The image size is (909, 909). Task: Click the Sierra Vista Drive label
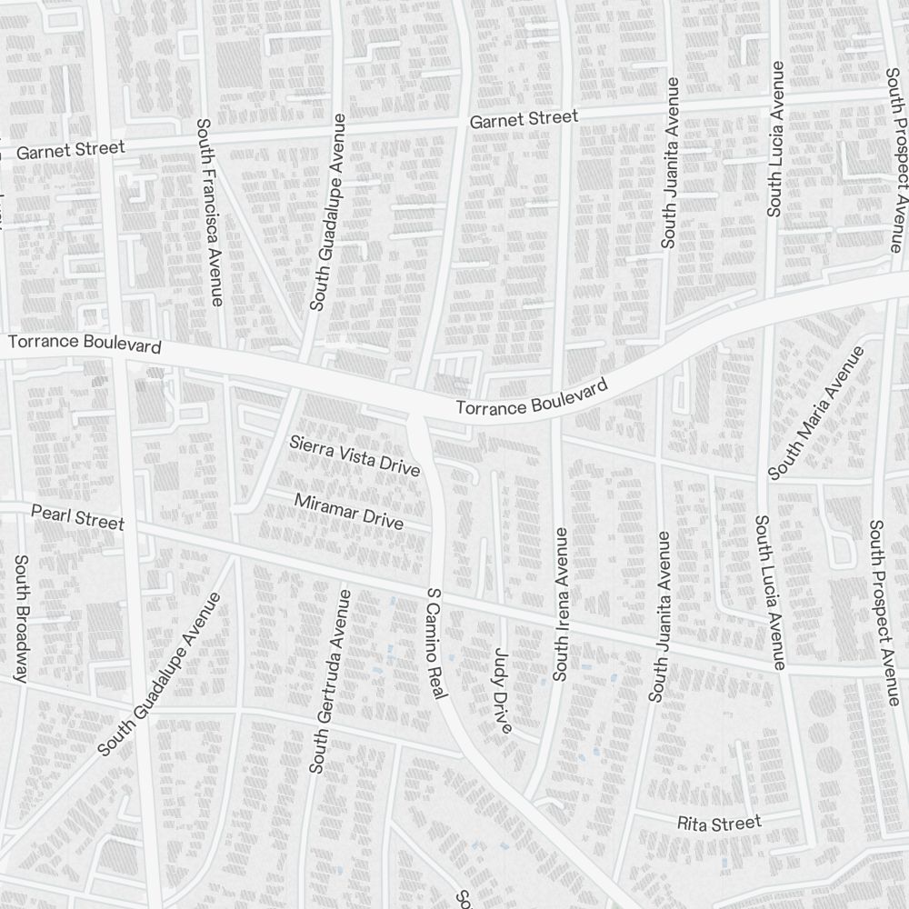355,456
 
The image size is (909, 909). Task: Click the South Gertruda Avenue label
329,682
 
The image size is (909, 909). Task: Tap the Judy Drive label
503,690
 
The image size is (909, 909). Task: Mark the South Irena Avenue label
560,604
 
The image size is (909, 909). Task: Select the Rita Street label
719,824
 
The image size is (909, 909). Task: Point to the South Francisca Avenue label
209,212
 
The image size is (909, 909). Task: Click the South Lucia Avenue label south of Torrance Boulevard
768,593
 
